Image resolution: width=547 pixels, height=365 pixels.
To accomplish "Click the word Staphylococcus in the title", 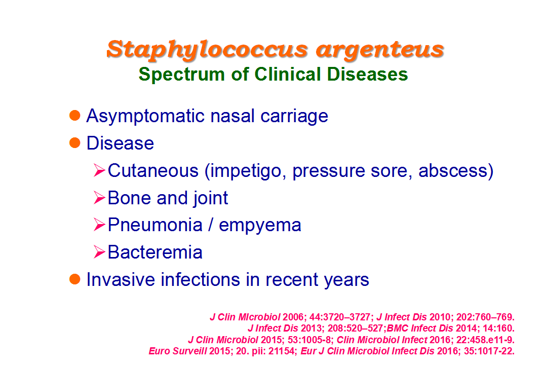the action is coord(207,50).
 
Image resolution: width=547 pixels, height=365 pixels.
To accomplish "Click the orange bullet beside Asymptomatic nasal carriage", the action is coord(75,115).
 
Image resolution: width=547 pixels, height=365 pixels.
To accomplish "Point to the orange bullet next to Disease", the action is coord(75,142).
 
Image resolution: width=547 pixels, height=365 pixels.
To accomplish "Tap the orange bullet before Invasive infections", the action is coord(75,279).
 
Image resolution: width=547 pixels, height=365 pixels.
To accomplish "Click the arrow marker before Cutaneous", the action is coord(99,170).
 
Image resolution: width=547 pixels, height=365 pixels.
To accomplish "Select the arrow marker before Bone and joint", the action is coord(99,197).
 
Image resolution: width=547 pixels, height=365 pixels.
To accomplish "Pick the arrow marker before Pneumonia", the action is coord(99,225).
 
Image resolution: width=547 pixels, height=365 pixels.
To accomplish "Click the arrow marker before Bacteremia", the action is coord(99,252).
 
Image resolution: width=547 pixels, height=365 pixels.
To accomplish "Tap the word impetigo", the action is coord(246,171).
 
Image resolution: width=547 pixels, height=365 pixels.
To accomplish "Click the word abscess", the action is coord(453,170).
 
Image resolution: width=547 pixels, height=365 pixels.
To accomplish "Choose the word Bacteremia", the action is coord(155,252).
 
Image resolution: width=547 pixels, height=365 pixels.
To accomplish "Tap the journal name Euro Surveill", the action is coord(178,351).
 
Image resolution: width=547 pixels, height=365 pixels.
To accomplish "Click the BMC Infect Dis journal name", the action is coord(420,328).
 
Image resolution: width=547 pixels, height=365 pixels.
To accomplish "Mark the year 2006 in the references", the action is coord(293,317).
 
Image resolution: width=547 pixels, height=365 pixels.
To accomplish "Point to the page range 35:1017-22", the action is coord(489,351).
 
